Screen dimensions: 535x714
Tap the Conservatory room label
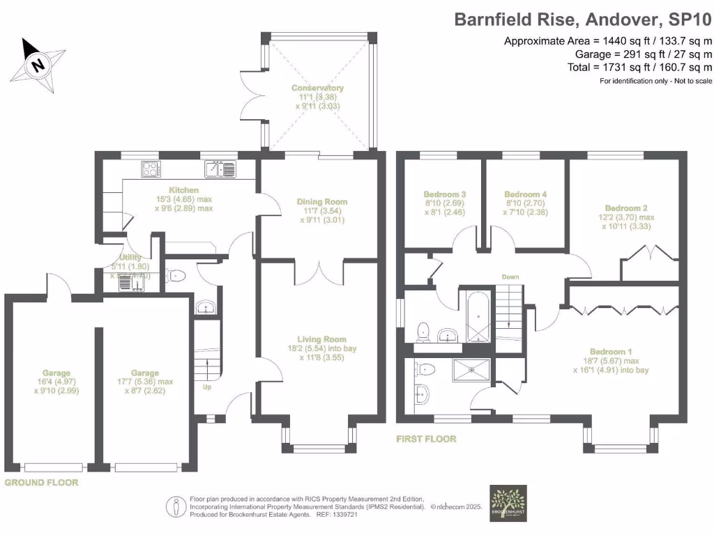[x=317, y=88]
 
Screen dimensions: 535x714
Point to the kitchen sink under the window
[x=222, y=169]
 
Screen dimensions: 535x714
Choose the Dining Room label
[x=321, y=202]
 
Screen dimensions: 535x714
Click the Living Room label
[x=321, y=339]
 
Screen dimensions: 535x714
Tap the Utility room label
[x=130, y=258]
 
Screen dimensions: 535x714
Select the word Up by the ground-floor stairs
[x=206, y=387]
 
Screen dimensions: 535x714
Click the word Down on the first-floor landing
[x=510, y=277]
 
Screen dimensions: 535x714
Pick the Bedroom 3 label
[x=444, y=194]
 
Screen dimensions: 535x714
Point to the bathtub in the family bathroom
[x=478, y=317]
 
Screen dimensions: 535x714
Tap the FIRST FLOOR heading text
[x=425, y=439]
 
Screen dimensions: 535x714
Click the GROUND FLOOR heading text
[x=41, y=482]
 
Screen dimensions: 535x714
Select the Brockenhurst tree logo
[x=508, y=504]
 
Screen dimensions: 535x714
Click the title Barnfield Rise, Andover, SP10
[x=583, y=19]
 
